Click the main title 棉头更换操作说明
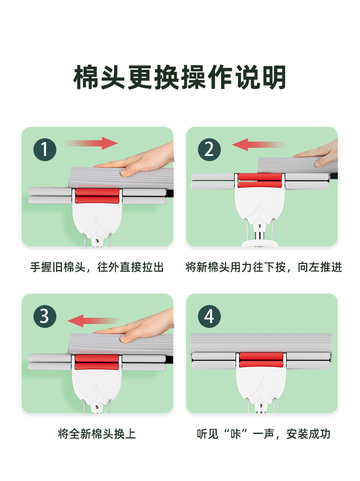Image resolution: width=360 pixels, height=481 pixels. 180,77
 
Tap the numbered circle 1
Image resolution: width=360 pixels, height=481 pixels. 45,150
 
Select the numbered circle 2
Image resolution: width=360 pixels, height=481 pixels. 209,150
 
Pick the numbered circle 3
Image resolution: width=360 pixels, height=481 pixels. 45,316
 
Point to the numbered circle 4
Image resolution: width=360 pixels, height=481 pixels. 209,316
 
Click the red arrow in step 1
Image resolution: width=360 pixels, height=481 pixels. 91,143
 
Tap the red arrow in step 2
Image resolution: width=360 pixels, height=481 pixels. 259,144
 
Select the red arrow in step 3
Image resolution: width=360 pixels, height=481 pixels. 94,321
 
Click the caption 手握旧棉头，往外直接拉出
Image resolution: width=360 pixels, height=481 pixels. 96,267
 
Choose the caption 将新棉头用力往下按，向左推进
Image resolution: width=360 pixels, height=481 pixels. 264,267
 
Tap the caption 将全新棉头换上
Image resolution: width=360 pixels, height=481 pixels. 97,434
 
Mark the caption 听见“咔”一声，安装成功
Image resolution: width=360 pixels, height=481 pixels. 264,434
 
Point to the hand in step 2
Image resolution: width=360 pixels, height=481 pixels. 317,154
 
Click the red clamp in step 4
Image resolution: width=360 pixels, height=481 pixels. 261,360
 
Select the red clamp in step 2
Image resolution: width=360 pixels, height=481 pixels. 260,180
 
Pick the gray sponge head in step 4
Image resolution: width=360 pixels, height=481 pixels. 261,344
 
